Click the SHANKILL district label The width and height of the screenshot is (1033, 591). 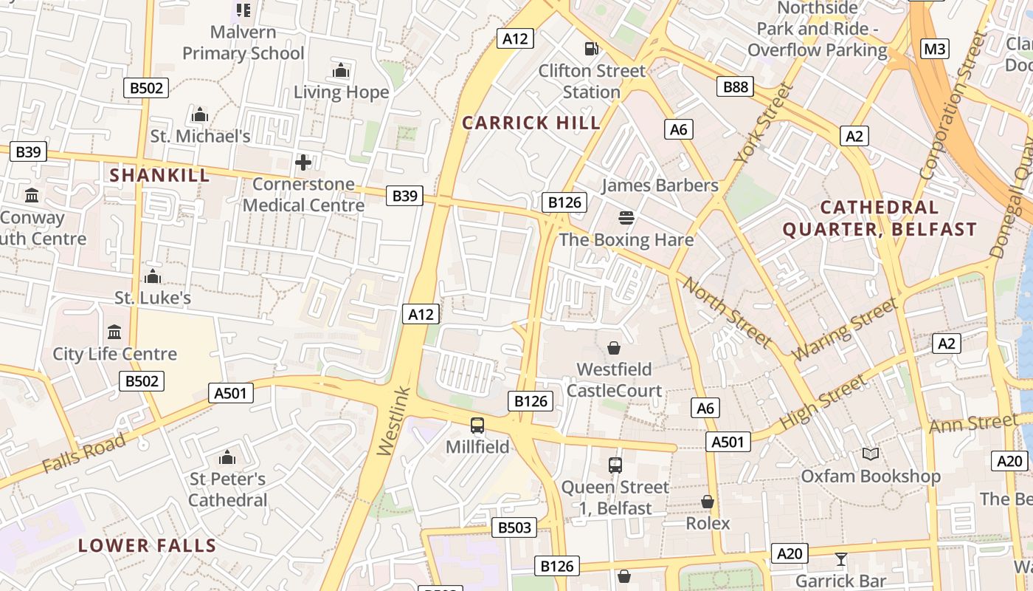[x=159, y=175]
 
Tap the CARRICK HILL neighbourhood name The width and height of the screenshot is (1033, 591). [x=531, y=123]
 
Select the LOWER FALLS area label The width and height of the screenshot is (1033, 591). [x=147, y=546]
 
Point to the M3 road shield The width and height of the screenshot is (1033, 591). [x=935, y=49]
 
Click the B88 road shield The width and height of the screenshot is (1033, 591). [x=735, y=87]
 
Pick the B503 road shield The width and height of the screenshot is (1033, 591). [x=514, y=527]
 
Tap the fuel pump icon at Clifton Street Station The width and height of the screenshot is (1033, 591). [x=591, y=49]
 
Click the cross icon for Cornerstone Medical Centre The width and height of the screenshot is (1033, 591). [x=303, y=163]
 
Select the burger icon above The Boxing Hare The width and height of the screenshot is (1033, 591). [x=626, y=218]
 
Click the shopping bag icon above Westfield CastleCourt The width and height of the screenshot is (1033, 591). [x=613, y=347]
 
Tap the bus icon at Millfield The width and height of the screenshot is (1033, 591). [x=477, y=426]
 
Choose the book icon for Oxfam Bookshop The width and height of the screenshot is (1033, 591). [x=871, y=454]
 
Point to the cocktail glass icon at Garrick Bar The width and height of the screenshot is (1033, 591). [x=840, y=559]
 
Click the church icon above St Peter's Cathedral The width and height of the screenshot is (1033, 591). [x=227, y=458]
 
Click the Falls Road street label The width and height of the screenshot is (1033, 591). [x=84, y=454]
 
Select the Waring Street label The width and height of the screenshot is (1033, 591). [x=846, y=328]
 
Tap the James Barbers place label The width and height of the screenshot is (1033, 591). [x=660, y=185]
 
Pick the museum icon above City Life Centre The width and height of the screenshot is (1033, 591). [x=114, y=332]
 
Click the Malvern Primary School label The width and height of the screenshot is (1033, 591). [x=243, y=43]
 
